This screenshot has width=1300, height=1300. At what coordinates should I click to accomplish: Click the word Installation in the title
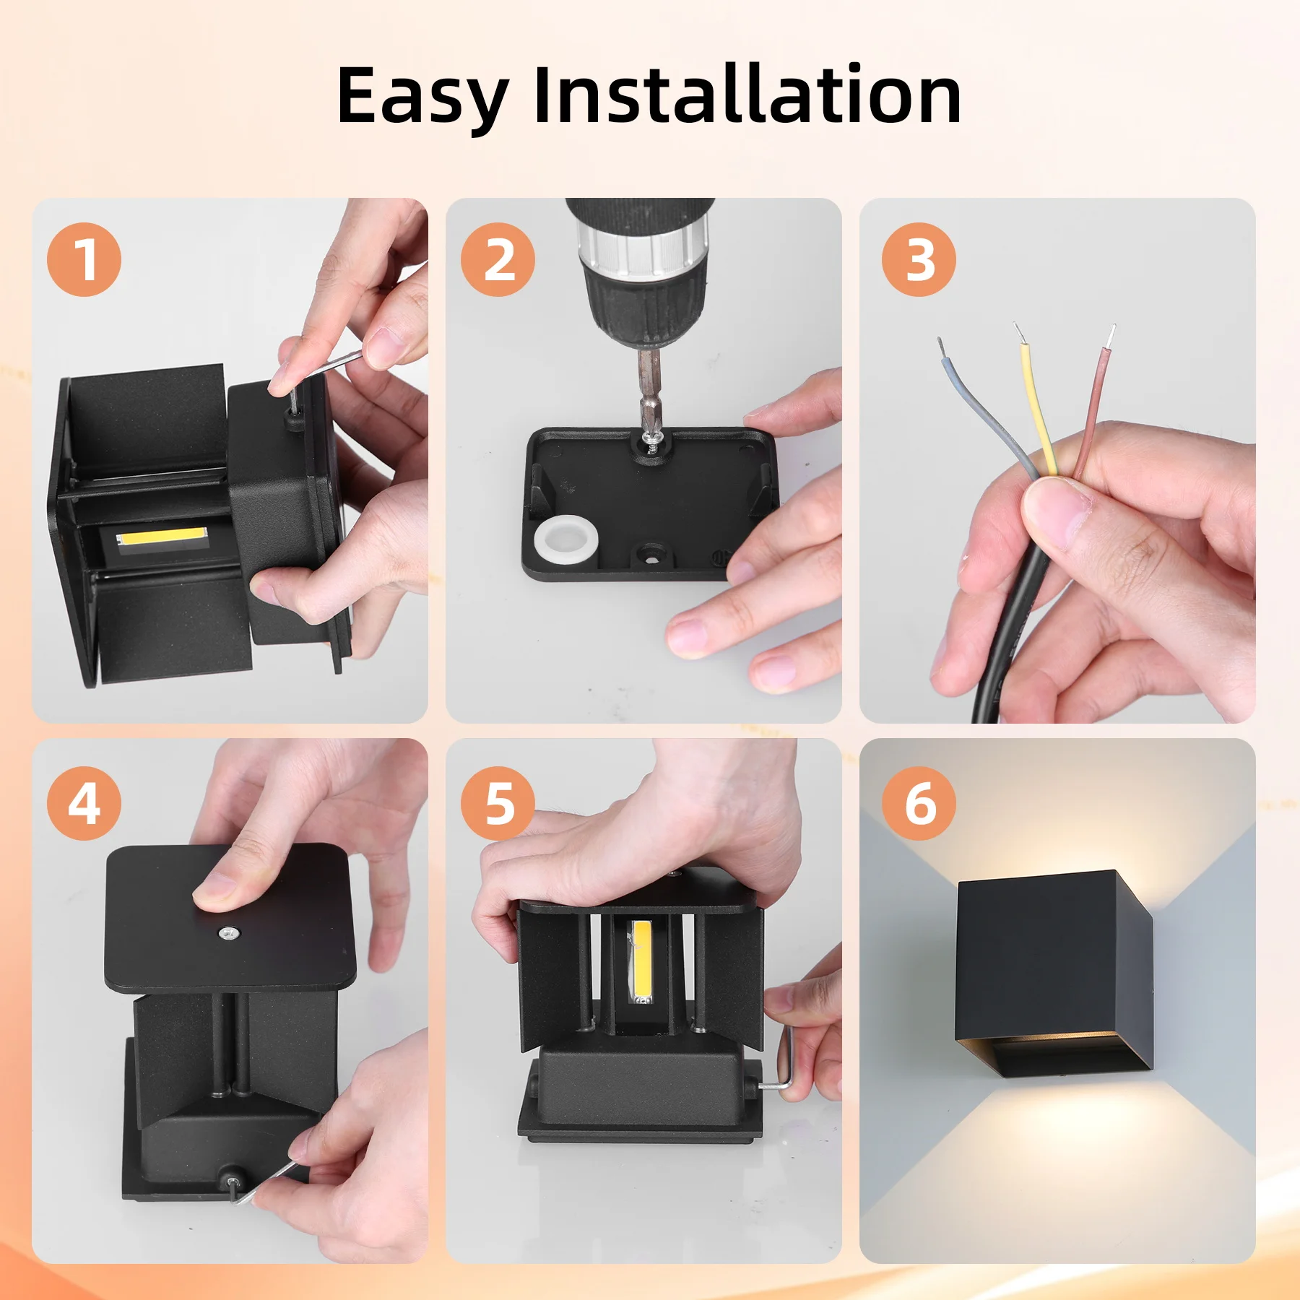pyautogui.click(x=747, y=95)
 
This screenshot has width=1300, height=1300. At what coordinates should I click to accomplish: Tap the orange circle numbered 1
pyautogui.click(x=84, y=259)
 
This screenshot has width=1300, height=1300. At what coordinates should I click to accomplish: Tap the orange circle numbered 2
pyautogui.click(x=498, y=259)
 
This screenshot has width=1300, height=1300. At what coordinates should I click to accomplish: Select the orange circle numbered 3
pyautogui.click(x=919, y=259)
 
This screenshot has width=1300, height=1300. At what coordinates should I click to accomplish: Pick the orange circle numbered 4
pyautogui.click(x=84, y=803)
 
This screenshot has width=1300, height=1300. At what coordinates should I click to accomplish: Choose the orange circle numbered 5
pyautogui.click(x=498, y=803)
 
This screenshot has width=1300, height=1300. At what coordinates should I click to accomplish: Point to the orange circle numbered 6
pyautogui.click(x=919, y=803)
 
